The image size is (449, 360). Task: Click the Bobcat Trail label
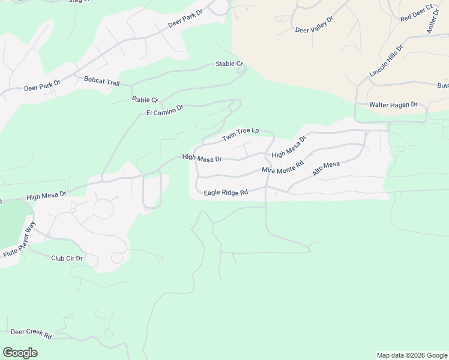[x=103, y=79]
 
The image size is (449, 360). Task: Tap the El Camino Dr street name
[x=164, y=110]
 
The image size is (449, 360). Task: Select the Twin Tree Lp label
[x=240, y=134]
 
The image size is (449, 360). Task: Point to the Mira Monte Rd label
[x=283, y=167]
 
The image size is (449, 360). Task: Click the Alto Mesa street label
[x=326, y=169]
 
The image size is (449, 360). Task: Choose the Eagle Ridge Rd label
[x=226, y=193]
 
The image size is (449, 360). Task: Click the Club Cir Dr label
[x=67, y=258]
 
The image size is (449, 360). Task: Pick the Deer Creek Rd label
[x=31, y=333]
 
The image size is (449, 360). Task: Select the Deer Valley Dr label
[x=314, y=24]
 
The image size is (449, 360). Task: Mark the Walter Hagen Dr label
[x=393, y=104]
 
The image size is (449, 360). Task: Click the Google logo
[x=20, y=353]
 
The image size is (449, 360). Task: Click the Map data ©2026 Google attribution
[x=412, y=355]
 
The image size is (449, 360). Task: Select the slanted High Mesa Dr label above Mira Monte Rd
[x=289, y=146]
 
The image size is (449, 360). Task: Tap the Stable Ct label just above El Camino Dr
[x=144, y=100]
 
